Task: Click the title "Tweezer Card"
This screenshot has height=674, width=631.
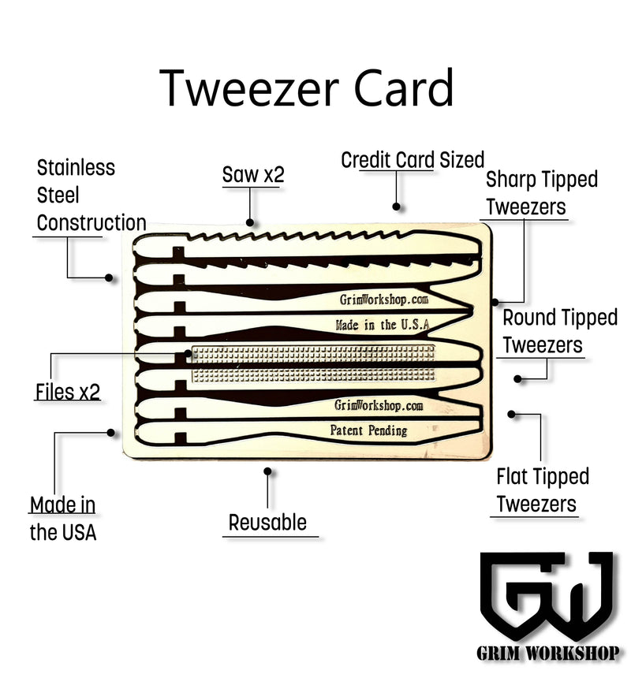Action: coord(308,88)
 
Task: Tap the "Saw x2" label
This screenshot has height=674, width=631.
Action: coord(252,175)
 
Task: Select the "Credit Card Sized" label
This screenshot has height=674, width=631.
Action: coord(412,160)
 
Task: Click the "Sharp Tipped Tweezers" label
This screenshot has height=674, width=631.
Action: coord(541,193)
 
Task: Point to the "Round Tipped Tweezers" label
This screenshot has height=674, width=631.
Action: coord(559,331)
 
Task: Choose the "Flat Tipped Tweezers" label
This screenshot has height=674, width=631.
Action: coord(542,490)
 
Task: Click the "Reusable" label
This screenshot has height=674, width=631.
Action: coord(267,522)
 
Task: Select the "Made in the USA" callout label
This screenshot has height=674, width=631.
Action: coord(63,518)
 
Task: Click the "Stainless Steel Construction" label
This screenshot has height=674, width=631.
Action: coord(90,195)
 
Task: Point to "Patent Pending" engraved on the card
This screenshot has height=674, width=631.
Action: coord(368,430)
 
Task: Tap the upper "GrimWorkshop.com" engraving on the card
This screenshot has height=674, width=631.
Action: coord(383,300)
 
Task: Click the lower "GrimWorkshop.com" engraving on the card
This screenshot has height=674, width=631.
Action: coord(379,405)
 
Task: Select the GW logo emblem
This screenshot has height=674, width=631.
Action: coord(546,598)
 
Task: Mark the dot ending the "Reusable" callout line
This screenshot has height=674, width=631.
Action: coord(268,471)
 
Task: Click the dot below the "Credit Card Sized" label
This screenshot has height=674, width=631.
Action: coord(397,207)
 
